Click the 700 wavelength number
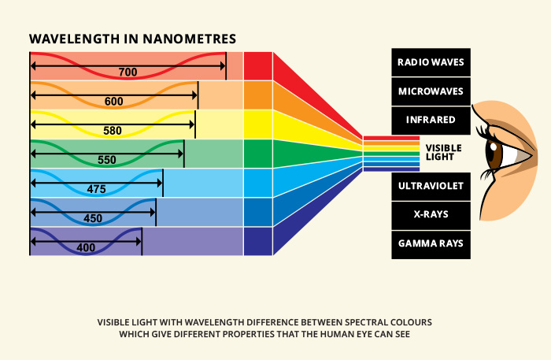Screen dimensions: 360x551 tap(128, 72)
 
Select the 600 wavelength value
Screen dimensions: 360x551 tap(113, 102)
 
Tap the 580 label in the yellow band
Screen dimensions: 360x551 tap(113, 131)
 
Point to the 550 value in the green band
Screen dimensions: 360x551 tap(107, 160)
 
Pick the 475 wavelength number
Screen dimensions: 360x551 tap(97, 189)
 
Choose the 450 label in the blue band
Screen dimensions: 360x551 tap(93, 218)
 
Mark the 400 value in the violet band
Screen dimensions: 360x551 tap(86, 247)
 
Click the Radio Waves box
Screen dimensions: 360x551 tap(431, 61)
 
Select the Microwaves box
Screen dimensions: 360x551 tap(431, 91)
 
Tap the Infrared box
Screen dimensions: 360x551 tap(431, 120)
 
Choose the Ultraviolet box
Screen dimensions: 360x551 tap(431, 186)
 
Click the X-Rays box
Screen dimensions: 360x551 tap(431, 215)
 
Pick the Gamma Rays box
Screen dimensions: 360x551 tap(431, 244)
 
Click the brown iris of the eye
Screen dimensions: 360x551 tap(493, 153)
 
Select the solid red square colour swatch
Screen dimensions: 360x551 tap(258, 66)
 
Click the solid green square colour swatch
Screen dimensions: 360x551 tap(258, 154)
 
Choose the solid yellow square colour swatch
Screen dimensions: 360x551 tap(258, 124)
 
